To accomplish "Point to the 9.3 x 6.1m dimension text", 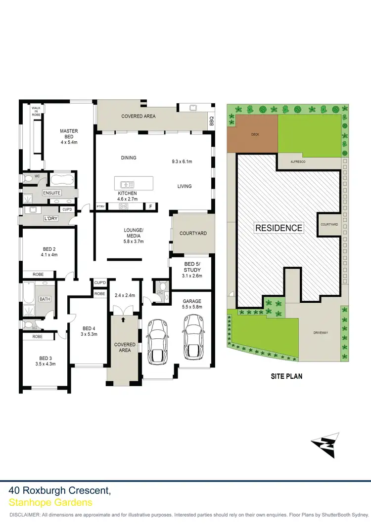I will point(182,161).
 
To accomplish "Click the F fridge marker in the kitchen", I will point(150,206).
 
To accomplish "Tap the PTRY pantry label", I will point(100,206).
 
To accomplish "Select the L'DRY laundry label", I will point(50,218).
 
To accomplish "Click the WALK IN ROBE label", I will point(36,110).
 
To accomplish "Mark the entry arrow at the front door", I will point(123,320).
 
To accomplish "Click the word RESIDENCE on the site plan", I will point(278,228).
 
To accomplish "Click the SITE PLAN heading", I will point(286,376).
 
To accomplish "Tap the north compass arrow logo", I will point(325,444).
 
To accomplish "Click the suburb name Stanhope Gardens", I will point(50,503).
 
